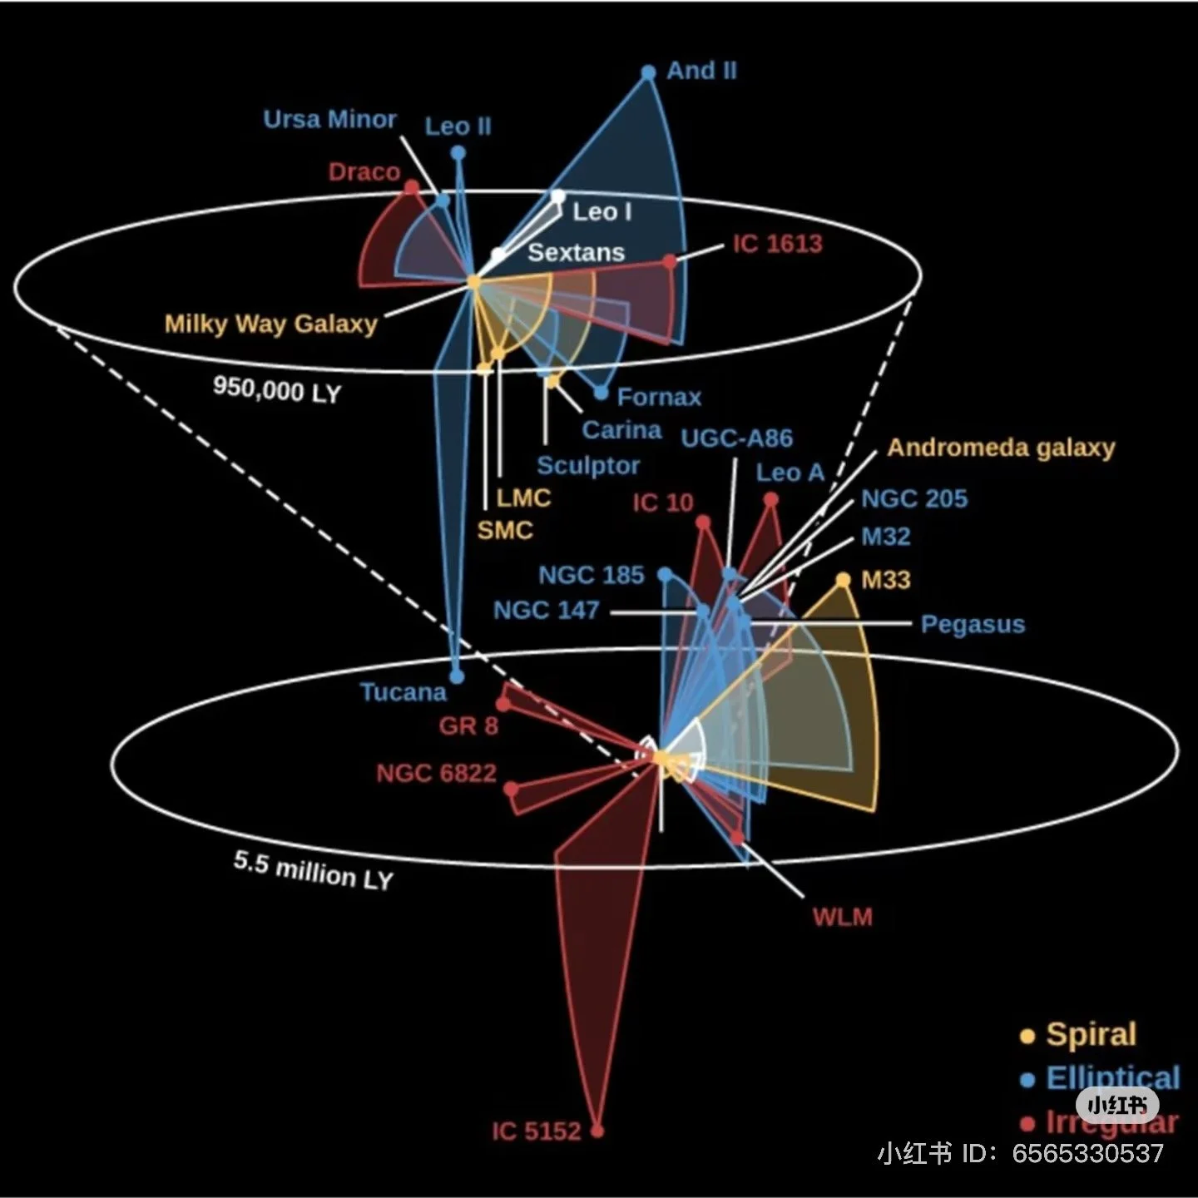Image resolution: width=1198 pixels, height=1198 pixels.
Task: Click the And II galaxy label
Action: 701,71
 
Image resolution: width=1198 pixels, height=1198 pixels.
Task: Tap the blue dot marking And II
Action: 649,73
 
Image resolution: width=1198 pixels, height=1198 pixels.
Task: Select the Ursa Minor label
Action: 329,120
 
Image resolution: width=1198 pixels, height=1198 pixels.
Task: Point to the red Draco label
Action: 364,172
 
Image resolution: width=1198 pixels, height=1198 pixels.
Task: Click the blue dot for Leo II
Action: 458,153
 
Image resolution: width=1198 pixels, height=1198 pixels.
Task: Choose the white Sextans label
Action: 576,252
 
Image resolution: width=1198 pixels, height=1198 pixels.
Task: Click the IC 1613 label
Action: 777,244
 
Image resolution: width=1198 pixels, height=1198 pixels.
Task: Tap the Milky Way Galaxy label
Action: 270,324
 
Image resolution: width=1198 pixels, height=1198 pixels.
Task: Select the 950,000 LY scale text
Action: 277,389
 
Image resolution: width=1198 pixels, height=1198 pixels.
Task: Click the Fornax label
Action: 659,397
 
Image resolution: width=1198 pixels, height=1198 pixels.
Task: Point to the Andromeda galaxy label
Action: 1001,448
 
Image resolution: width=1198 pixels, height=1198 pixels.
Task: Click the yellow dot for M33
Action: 844,580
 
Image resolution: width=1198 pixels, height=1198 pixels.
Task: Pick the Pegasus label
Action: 973,624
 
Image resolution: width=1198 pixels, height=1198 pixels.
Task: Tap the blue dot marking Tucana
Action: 456,676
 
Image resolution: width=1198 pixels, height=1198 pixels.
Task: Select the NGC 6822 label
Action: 436,774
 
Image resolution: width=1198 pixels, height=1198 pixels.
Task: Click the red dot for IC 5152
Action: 597,1131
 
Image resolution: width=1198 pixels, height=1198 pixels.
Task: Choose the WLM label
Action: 842,918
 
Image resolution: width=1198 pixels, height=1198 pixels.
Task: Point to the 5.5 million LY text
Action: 313,871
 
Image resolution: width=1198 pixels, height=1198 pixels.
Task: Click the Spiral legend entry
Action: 1090,1034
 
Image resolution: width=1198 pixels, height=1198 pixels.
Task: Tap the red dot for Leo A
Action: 771,500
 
